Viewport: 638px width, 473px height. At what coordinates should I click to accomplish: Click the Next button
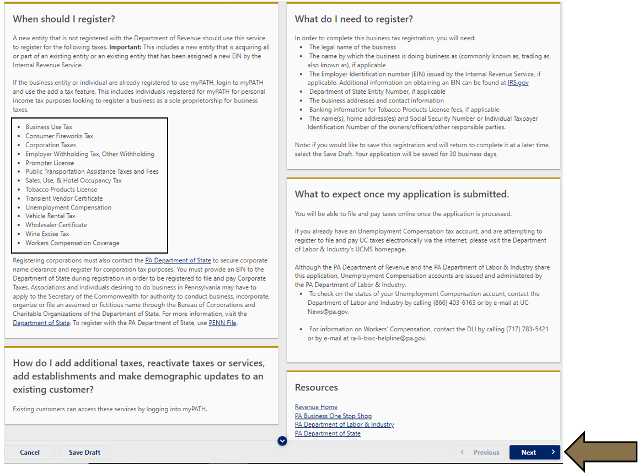point(534,452)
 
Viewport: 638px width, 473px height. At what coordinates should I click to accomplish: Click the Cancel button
point(30,452)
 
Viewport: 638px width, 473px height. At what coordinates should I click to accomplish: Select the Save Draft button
point(84,452)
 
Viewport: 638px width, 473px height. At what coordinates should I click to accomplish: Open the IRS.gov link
point(518,83)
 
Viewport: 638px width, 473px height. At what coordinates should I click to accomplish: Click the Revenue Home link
point(316,407)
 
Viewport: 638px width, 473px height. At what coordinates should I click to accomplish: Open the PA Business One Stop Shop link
point(333,416)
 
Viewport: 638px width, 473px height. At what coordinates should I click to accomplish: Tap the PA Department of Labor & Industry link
point(344,424)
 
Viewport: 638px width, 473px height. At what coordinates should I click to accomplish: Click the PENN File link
point(222,323)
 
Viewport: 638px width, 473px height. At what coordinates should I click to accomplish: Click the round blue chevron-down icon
point(282,440)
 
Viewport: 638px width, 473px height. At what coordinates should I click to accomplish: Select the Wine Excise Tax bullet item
point(47,234)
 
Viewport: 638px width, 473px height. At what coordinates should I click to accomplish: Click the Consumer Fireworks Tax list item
point(59,136)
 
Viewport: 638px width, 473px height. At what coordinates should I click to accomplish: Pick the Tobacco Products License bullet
point(61,190)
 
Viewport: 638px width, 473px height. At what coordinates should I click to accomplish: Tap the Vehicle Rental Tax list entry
point(50,216)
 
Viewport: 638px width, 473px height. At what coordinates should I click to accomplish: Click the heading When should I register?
point(64,19)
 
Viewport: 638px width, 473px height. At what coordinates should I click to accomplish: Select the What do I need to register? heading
point(353,19)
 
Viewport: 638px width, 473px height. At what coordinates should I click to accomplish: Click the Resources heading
point(317,388)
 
